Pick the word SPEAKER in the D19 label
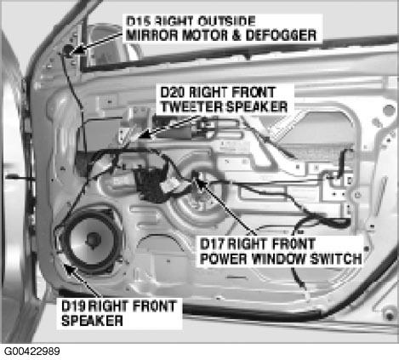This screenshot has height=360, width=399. [92, 321]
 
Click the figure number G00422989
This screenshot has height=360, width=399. [32, 351]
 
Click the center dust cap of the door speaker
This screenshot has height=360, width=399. [93, 240]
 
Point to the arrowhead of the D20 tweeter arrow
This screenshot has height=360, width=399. [145, 134]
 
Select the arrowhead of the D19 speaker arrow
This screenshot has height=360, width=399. [69, 269]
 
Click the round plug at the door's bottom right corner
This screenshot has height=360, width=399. [390, 316]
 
